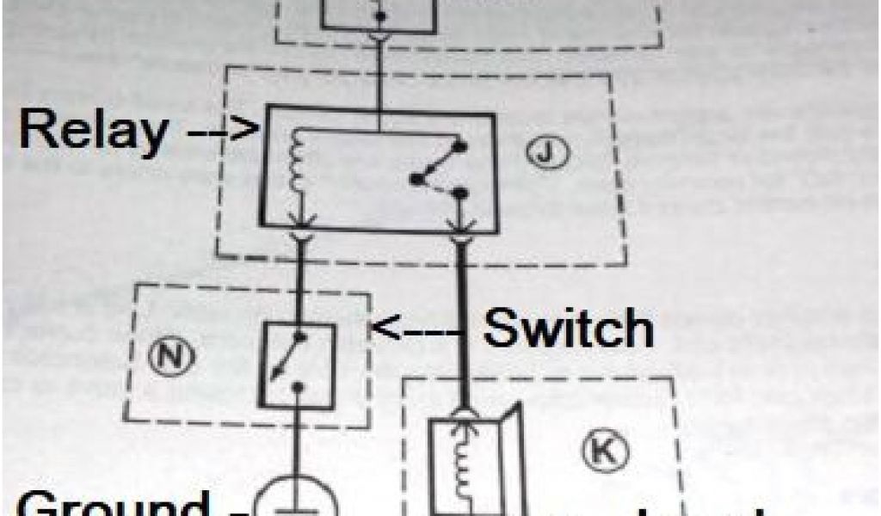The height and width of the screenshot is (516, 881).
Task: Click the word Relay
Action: [93, 133]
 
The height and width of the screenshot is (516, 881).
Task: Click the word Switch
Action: [569, 327]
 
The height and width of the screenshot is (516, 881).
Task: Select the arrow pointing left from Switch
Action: [417, 329]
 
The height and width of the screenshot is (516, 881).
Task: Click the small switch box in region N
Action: [297, 365]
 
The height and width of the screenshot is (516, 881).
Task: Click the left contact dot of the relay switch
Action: [415, 180]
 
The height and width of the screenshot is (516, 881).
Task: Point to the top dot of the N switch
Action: [299, 336]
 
